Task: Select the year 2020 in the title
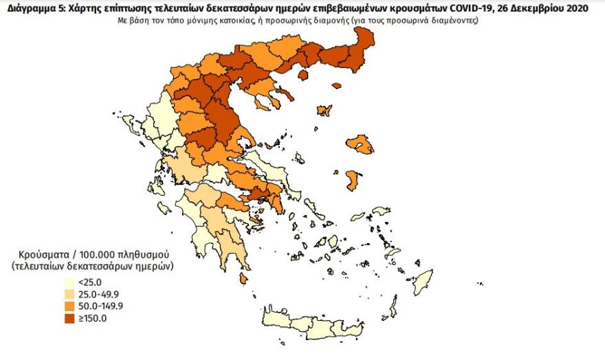[x=563, y=7]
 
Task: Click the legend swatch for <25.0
[x=69, y=282]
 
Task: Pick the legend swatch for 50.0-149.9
[x=69, y=306]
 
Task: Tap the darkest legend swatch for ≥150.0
[x=69, y=318]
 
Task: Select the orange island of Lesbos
[x=360, y=144]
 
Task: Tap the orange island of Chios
[x=353, y=181]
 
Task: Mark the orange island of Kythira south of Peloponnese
[x=243, y=278]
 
